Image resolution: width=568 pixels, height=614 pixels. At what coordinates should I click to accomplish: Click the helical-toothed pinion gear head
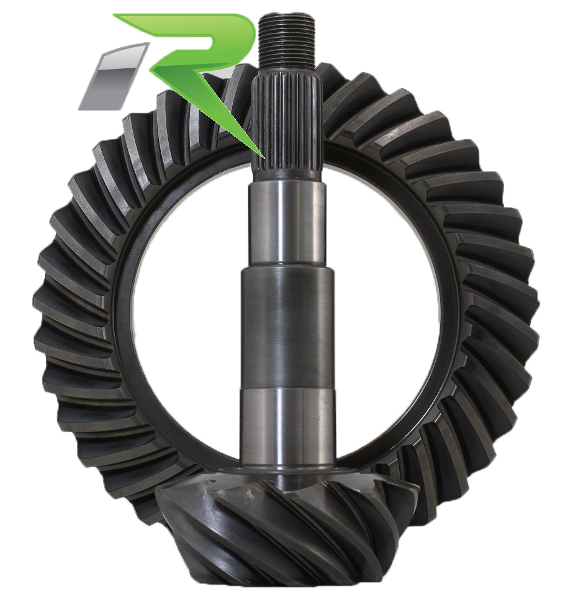279,534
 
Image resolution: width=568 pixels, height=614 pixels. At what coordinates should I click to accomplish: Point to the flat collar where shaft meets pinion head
286,475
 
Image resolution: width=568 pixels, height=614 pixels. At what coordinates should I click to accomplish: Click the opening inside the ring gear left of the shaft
186,310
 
